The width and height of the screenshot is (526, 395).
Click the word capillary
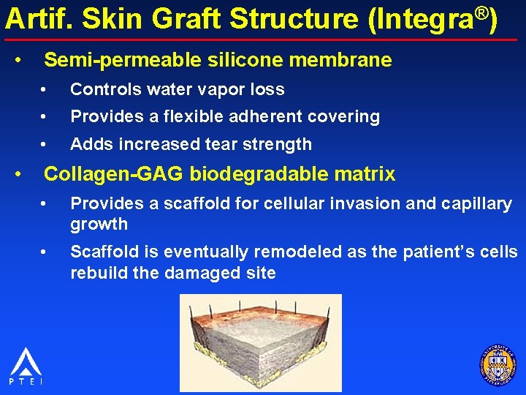pos(478,204)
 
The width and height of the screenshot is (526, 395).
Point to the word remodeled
pos(295,252)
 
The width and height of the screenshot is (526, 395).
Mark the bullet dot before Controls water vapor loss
pos(45,90)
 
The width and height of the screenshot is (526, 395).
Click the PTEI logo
pos(26,366)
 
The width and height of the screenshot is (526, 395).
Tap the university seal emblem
pos(498,363)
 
